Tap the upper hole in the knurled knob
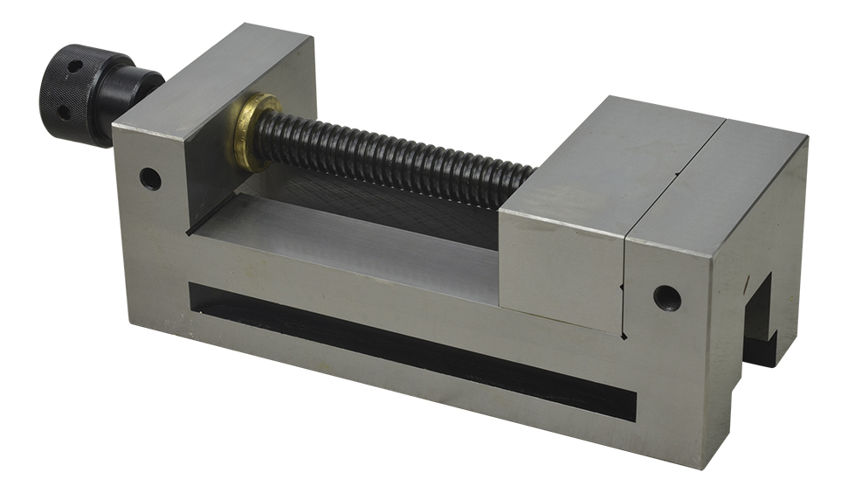(75, 66)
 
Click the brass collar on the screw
(253, 131)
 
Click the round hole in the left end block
(150, 179)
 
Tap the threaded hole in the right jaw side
(666, 297)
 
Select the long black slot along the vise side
(410, 350)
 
